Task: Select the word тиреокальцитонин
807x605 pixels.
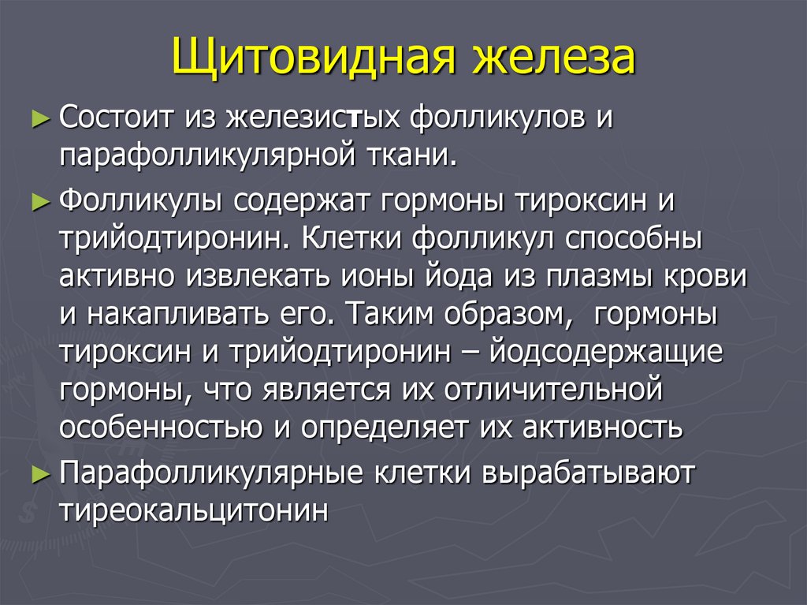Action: point(193,510)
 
